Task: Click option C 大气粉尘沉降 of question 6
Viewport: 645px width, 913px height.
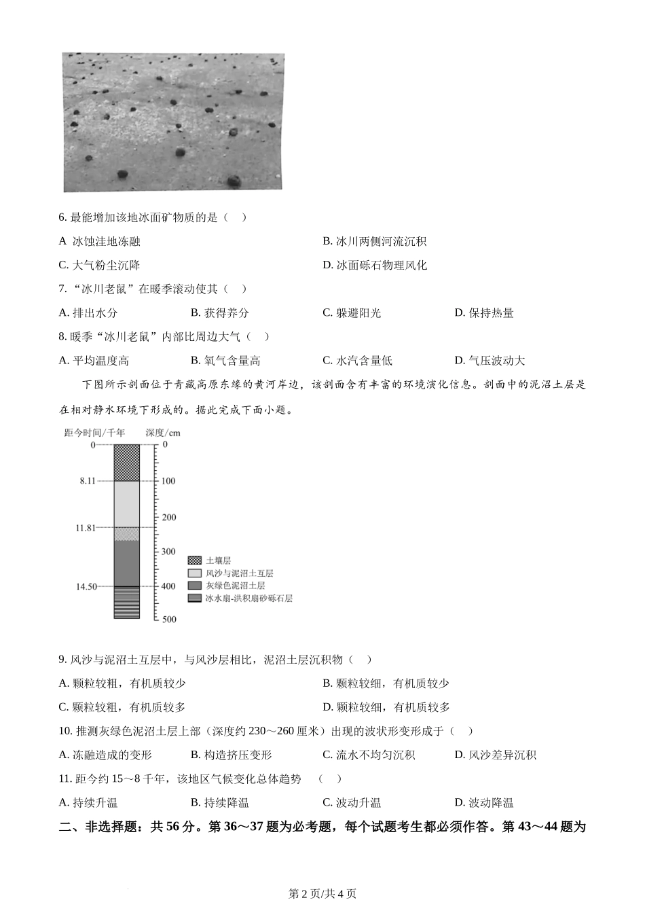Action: [100, 265]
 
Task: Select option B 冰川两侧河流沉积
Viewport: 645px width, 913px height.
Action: [375, 241]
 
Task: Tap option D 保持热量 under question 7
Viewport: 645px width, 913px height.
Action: [484, 312]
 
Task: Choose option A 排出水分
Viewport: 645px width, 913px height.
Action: [88, 312]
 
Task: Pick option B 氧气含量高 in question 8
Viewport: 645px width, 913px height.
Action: [226, 361]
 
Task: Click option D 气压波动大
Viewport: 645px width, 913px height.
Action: [490, 361]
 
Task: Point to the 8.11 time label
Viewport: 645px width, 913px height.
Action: [88, 481]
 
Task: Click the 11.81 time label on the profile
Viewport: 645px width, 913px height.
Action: [86, 528]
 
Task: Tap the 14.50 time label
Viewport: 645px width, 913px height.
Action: [86, 586]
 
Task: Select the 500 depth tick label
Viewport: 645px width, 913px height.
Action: [169, 620]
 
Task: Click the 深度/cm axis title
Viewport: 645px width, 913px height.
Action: [163, 433]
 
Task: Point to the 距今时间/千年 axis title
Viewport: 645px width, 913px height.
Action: [94, 433]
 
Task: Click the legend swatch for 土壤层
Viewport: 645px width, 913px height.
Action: [195, 560]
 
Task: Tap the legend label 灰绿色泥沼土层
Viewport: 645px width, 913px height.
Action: [235, 586]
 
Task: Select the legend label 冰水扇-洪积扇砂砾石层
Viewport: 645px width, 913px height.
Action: [248, 598]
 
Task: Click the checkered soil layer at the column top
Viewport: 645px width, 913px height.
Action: [126, 462]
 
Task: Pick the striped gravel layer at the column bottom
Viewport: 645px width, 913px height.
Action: [126, 603]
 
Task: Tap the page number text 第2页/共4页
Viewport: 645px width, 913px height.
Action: [322, 894]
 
